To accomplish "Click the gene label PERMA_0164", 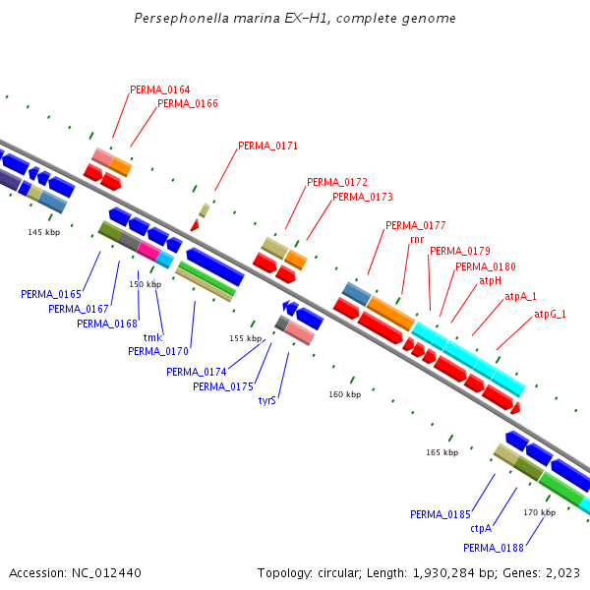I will click(x=160, y=89).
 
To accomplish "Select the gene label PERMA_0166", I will click(x=188, y=103).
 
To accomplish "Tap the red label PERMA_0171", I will click(x=267, y=146).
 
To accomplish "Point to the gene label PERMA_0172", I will click(x=337, y=182).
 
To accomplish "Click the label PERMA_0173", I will click(x=363, y=197).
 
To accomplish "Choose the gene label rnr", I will click(x=417, y=239).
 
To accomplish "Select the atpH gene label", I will click(x=490, y=280).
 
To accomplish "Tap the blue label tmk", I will click(x=152, y=337).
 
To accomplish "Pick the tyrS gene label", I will click(x=267, y=400).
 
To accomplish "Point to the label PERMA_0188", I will click(x=494, y=548).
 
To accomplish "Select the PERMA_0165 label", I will click(x=51, y=294).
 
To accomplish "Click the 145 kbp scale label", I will click(x=43, y=232).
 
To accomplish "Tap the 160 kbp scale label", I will click(x=344, y=394).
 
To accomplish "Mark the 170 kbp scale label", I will click(x=539, y=512).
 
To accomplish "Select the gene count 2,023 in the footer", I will click(x=560, y=572).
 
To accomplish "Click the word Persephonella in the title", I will click(x=181, y=19).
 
